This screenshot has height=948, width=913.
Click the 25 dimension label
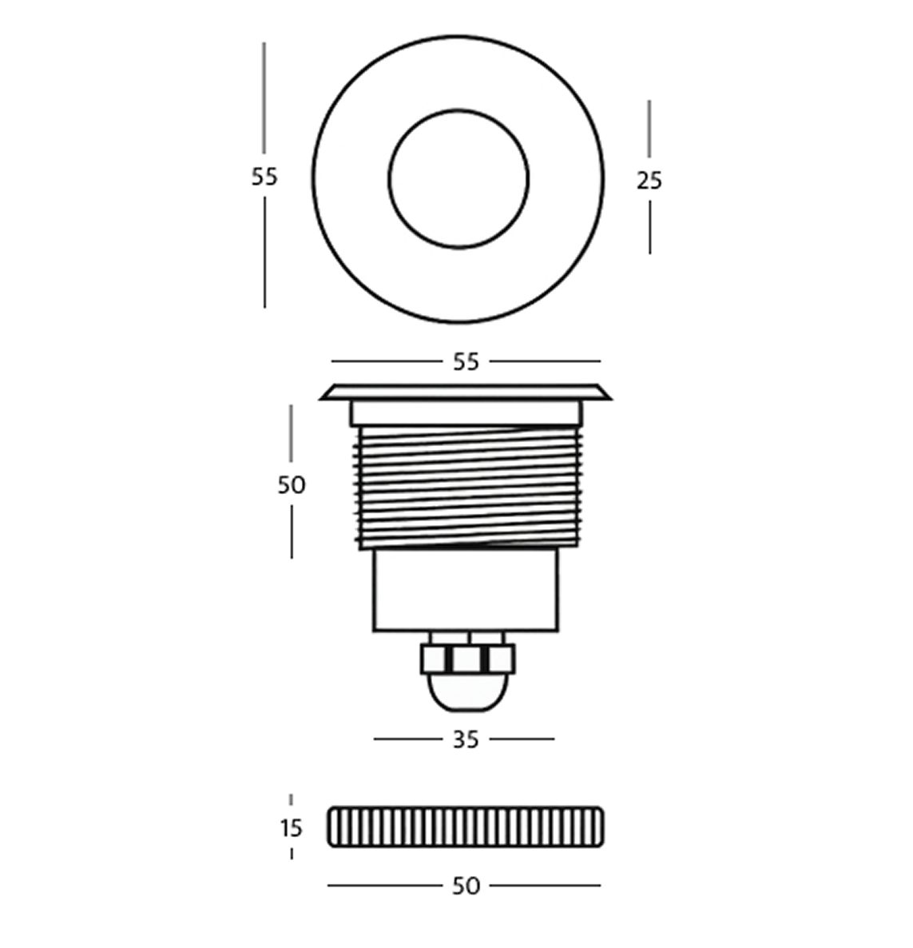tap(649, 181)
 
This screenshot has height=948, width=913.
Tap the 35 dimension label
tap(465, 739)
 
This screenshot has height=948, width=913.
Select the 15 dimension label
tap(292, 827)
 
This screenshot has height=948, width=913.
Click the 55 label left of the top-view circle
tap(264, 177)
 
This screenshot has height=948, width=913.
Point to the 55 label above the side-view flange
tap(466, 362)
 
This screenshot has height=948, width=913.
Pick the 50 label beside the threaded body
tap(292, 484)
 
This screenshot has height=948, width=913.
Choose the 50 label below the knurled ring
tap(466, 886)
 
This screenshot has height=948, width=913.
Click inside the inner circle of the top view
tap(458, 179)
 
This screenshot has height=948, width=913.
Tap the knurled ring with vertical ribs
tap(466, 827)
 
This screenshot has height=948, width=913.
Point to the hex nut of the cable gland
tap(467, 659)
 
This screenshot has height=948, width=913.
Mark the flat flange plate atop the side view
tap(466, 392)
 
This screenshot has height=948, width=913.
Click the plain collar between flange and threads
tap(466, 412)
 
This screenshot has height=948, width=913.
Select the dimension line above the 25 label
tap(649, 128)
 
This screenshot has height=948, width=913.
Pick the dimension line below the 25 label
tap(649, 227)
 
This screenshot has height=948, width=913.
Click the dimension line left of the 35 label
tap(407, 739)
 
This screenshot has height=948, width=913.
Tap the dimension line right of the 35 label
tap(522, 739)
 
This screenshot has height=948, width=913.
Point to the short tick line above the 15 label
tap(291, 799)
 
